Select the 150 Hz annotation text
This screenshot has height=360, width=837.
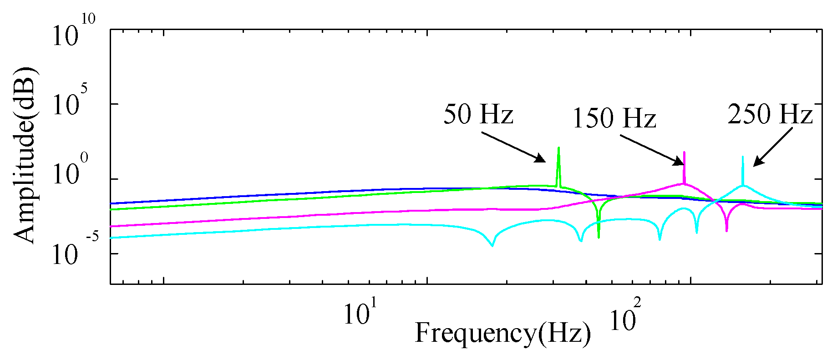click(614, 118)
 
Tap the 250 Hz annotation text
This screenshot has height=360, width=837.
click(770, 114)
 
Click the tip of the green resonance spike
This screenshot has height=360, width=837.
click(558, 148)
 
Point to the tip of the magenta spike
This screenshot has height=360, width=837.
click(684, 152)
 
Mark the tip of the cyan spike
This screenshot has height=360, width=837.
click(743, 157)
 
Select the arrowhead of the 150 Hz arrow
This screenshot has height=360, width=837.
click(681, 164)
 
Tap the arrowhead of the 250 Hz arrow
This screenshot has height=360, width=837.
click(755, 164)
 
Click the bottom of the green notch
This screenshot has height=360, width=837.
click(599, 237)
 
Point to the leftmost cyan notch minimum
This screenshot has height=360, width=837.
click(492, 246)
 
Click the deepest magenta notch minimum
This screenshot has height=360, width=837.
click(726, 231)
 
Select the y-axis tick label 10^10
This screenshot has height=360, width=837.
click(73, 33)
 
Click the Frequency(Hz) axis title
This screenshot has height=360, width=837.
click(503, 333)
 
